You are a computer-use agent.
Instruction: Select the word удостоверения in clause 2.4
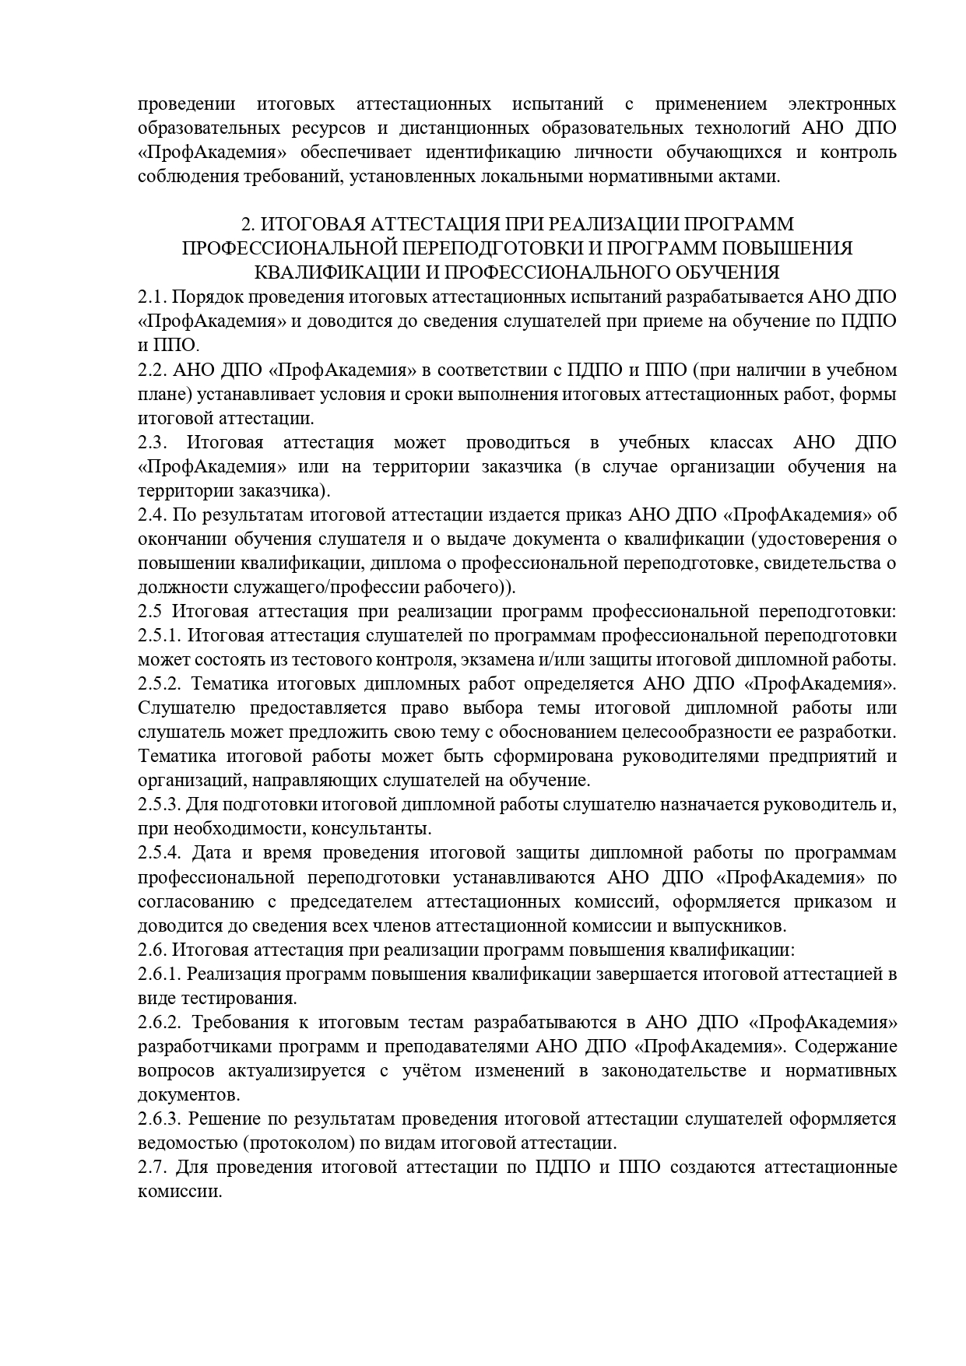click(x=820, y=539)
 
